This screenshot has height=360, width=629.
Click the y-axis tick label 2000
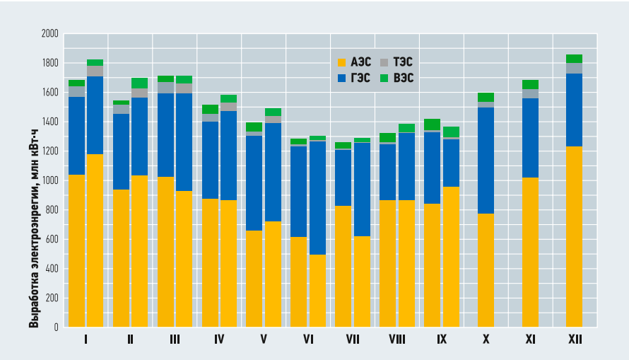(49, 33)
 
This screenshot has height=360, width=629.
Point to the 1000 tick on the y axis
(49, 180)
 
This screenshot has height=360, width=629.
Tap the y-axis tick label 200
(52, 298)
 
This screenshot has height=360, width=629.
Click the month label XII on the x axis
(575, 339)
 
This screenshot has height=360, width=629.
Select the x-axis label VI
(308, 339)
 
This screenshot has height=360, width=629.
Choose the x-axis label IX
(442, 339)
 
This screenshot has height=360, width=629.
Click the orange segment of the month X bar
(486, 270)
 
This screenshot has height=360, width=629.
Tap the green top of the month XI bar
(530, 84)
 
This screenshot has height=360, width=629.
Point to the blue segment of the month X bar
(486, 160)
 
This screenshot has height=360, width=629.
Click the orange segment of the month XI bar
(530, 252)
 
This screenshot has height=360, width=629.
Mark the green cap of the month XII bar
(574, 59)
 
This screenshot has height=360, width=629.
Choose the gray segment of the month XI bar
(530, 93)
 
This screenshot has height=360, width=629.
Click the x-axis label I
(86, 339)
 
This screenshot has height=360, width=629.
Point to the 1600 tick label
(49, 92)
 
